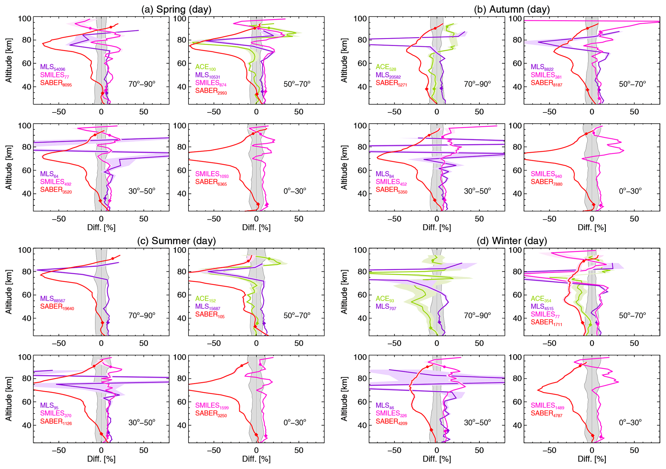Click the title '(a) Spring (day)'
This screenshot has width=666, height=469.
176,9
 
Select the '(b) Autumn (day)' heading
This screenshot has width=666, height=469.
512,9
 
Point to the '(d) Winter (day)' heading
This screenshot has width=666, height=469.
512,241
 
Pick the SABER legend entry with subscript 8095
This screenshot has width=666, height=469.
56,83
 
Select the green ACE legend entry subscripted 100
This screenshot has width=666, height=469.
205,68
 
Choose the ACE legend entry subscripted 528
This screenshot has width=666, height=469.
386,68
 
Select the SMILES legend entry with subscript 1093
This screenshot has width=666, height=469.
212,174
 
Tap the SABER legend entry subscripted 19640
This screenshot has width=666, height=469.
57,307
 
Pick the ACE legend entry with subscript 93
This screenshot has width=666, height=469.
385,299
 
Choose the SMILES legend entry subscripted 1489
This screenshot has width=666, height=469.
547,406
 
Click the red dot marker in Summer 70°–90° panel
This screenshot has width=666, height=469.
112,259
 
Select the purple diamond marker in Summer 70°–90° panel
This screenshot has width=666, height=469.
108,322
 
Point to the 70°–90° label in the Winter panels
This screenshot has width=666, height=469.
477,316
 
